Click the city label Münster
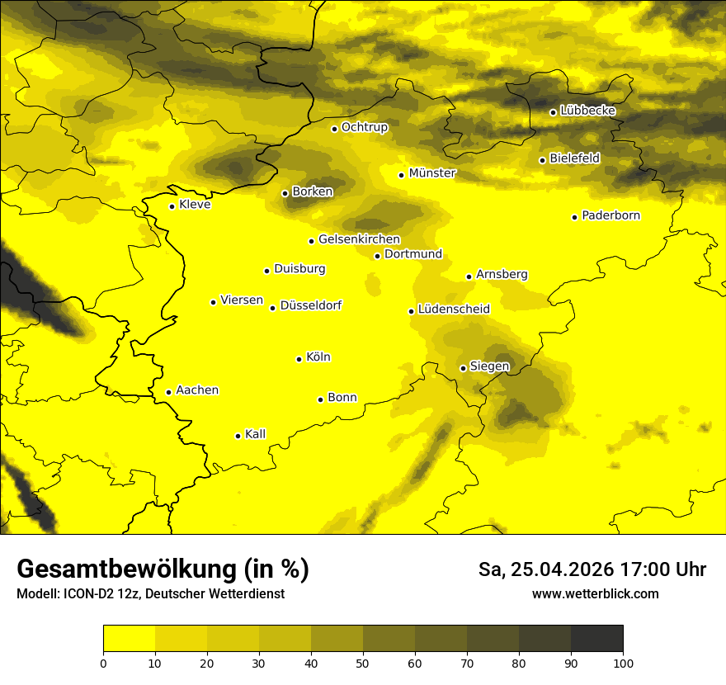point(432,173)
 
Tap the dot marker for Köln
point(299,359)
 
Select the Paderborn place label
point(610,215)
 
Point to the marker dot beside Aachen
point(169,392)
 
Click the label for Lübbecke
point(587,111)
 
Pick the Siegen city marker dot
point(463,368)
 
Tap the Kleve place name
point(195,205)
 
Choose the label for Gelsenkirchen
point(359,239)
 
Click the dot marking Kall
point(238,436)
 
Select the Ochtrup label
point(364,127)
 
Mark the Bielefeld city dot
point(543,160)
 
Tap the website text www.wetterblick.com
point(595,593)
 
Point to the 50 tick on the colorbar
point(363,662)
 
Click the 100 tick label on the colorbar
point(622,662)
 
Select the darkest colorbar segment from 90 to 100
point(596,639)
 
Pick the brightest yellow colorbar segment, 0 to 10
point(130,639)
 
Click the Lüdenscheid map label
point(454,309)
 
